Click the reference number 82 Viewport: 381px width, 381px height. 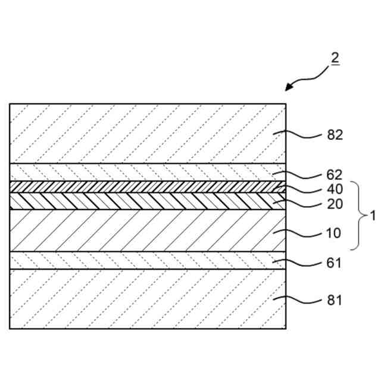coord(335,135)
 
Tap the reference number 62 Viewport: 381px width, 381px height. coord(335,175)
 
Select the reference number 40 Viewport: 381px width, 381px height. coord(335,189)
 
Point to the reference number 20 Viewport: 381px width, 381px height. coord(335,204)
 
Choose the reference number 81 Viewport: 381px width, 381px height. coord(335,301)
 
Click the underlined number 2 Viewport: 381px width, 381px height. coord(335,58)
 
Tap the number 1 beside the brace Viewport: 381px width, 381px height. coord(373,216)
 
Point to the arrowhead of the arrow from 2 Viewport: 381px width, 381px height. coord(288,89)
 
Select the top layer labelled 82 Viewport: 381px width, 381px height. coord(143,133)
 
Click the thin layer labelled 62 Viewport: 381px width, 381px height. coord(143,172)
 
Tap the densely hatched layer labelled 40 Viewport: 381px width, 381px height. coord(143,186)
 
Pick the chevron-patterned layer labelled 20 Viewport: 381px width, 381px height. coord(143,200)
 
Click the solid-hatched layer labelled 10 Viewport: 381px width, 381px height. coord(143,230)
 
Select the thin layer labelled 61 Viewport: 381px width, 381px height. coord(143,260)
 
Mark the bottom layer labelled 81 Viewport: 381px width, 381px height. coord(143,298)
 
